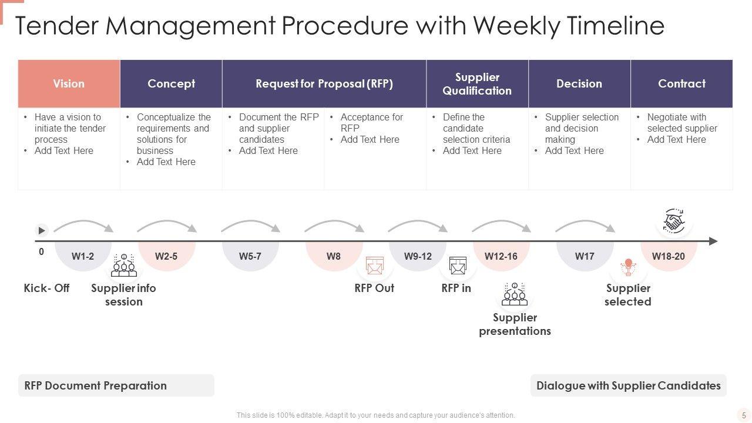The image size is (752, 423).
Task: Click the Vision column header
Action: (69, 83)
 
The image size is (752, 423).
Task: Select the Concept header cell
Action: (171, 83)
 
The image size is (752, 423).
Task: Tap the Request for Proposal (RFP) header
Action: (324, 83)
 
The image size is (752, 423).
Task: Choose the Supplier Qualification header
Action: (477, 83)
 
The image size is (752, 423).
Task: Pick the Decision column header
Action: (579, 83)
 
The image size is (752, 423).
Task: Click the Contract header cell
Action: (681, 83)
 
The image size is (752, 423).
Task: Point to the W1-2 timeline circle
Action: (83, 256)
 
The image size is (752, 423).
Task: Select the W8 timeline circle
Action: (334, 256)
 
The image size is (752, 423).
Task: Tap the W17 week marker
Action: (585, 256)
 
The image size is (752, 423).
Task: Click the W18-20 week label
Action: (668, 256)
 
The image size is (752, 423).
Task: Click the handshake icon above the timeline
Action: (674, 222)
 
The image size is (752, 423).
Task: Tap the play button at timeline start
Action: (42, 230)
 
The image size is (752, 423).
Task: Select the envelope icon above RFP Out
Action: (374, 266)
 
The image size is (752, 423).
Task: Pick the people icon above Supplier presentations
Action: (515, 295)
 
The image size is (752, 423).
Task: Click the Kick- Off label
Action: (46, 288)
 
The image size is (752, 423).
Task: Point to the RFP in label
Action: (456, 288)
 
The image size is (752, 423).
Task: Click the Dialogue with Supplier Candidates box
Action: (628, 385)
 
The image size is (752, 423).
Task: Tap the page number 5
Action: (744, 415)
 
